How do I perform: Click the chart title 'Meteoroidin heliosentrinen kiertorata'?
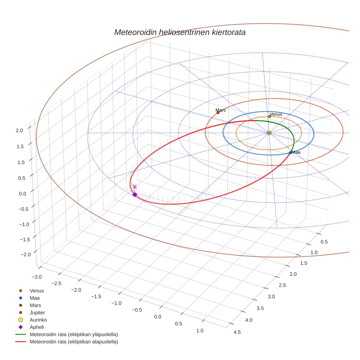point(180,32)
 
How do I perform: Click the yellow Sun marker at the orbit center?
point(269,133)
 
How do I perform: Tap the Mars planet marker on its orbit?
point(218,113)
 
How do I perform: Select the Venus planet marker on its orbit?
point(270,116)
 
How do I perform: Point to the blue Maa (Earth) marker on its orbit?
point(290,153)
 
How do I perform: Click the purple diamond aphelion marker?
point(135,195)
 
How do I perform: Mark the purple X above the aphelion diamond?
point(135,187)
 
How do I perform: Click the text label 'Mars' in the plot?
point(221,110)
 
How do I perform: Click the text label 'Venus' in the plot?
point(276,114)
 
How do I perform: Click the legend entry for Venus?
point(37,290)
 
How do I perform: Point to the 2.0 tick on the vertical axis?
point(19,130)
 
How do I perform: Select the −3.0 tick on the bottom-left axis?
point(37,277)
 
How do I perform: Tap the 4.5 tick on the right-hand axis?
point(237,332)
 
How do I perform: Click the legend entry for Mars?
point(35,305)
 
